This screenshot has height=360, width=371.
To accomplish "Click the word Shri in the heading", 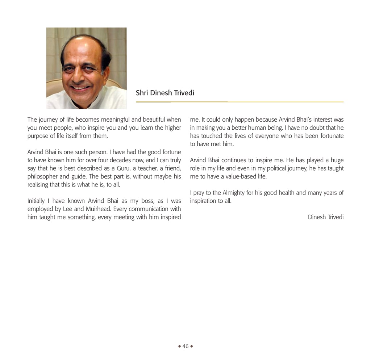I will (x=142, y=93).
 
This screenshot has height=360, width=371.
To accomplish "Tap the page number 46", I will (x=185, y=346).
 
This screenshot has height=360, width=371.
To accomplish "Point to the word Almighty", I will (x=234, y=193).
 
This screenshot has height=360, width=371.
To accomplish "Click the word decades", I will (x=126, y=160).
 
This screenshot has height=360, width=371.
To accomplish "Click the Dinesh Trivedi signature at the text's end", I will (x=326, y=217).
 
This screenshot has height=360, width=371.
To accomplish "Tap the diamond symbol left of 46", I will (x=179, y=346).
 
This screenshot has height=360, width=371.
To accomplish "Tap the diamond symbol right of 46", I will (x=192, y=346).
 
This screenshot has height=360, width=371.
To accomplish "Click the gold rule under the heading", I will (x=239, y=102).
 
